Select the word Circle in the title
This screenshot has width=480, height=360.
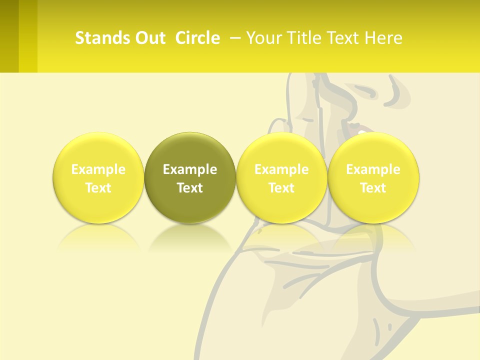(197, 38)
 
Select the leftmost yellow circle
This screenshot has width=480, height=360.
(98, 150)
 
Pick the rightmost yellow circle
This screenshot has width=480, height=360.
(373, 150)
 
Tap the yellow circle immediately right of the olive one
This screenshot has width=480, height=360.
(281, 150)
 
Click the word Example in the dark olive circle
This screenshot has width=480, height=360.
(190, 169)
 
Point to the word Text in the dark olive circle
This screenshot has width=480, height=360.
(190, 188)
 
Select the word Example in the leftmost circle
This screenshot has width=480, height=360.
(98, 169)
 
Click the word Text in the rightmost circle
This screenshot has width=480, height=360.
(373, 188)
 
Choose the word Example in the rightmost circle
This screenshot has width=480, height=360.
(373, 169)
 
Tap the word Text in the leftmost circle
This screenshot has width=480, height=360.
(98, 188)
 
